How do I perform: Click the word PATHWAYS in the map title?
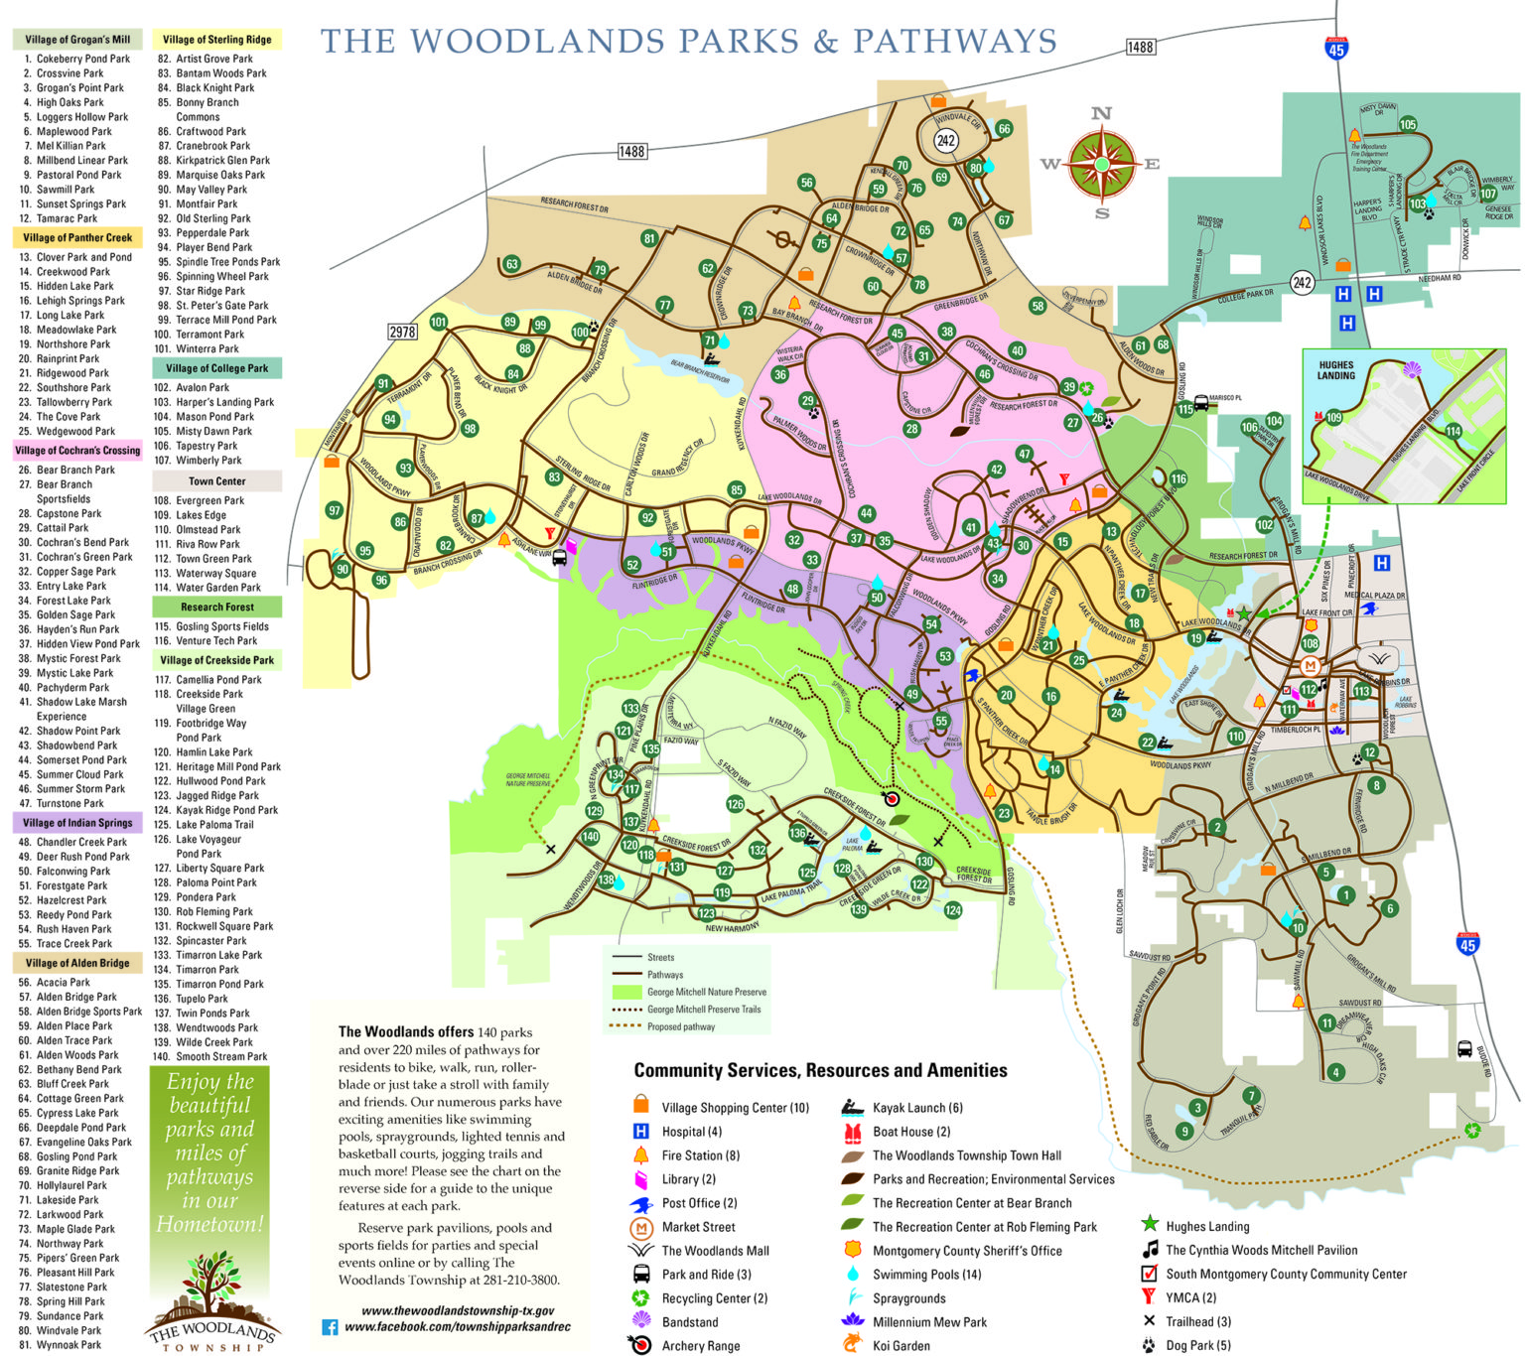click(954, 42)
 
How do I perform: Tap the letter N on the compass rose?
click(1101, 113)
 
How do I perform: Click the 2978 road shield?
click(402, 332)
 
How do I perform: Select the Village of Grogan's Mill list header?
click(77, 40)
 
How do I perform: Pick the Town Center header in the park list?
click(216, 481)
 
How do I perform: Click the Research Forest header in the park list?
click(216, 607)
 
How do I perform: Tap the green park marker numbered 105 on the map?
click(1408, 125)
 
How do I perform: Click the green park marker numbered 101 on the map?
click(438, 322)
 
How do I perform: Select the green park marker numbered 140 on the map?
click(590, 836)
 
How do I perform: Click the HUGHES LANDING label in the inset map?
click(1336, 370)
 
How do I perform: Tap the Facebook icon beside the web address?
click(330, 1327)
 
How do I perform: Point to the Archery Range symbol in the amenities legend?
click(640, 1345)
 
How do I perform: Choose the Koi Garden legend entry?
click(901, 1346)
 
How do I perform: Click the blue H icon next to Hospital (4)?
click(641, 1132)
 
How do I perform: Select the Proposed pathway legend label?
click(680, 1026)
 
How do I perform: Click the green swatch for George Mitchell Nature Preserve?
click(627, 992)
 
